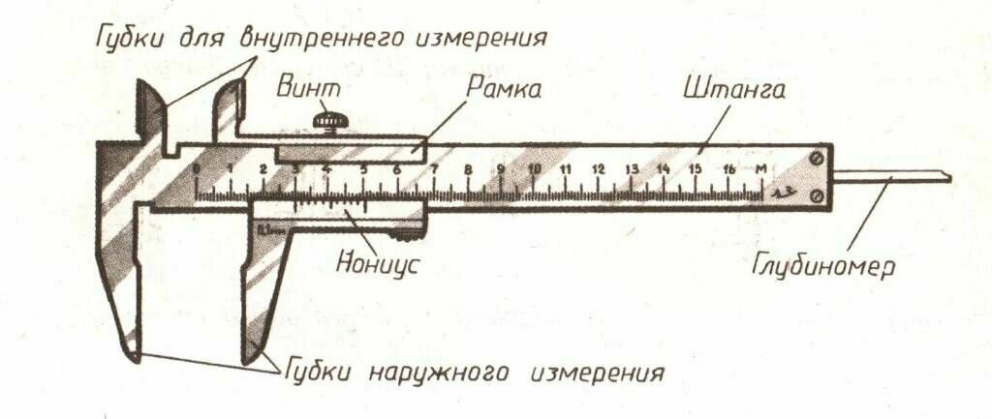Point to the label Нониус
click(x=377, y=262)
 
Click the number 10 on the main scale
click(x=535, y=169)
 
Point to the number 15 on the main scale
click(x=695, y=169)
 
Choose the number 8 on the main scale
click(x=468, y=169)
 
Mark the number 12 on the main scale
click(x=599, y=169)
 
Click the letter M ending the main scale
click(x=762, y=170)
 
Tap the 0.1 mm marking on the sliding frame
click(x=266, y=229)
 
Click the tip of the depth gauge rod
click(x=946, y=178)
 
